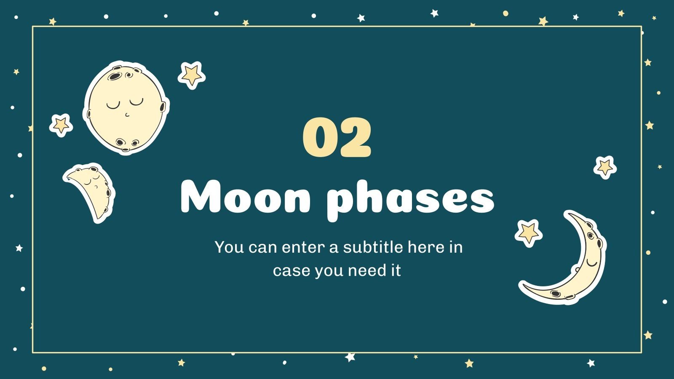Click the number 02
pyautogui.click(x=337, y=138)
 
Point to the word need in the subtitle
pyautogui.click(x=365, y=270)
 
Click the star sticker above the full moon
pyautogui.click(x=192, y=75)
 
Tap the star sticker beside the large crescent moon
pyautogui.click(x=528, y=232)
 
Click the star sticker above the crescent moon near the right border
pyautogui.click(x=605, y=167)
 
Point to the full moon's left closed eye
pyautogui.click(x=113, y=105)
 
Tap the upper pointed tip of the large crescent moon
pyautogui.click(x=569, y=215)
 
